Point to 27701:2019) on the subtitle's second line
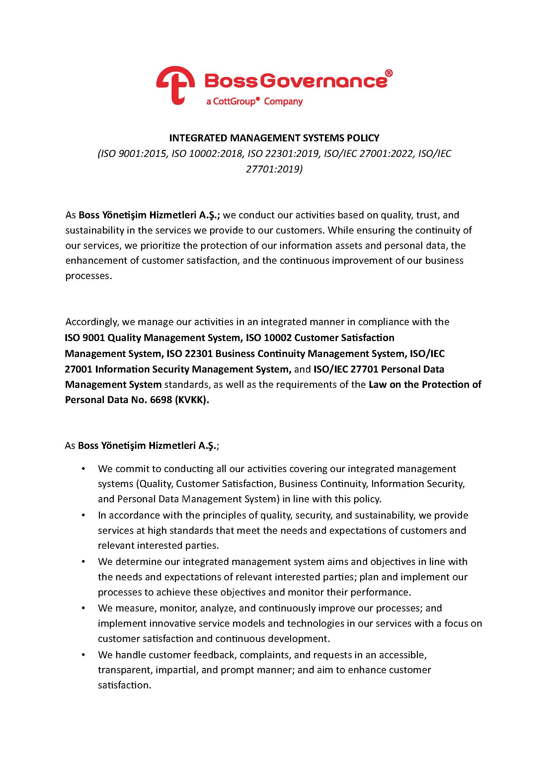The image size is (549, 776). (274, 169)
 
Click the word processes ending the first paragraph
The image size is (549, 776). (87, 276)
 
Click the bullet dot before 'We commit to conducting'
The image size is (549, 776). (83, 469)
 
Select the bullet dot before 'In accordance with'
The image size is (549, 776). (83, 516)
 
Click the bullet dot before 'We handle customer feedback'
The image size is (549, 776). (83, 655)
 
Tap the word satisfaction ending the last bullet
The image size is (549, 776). (123, 685)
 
